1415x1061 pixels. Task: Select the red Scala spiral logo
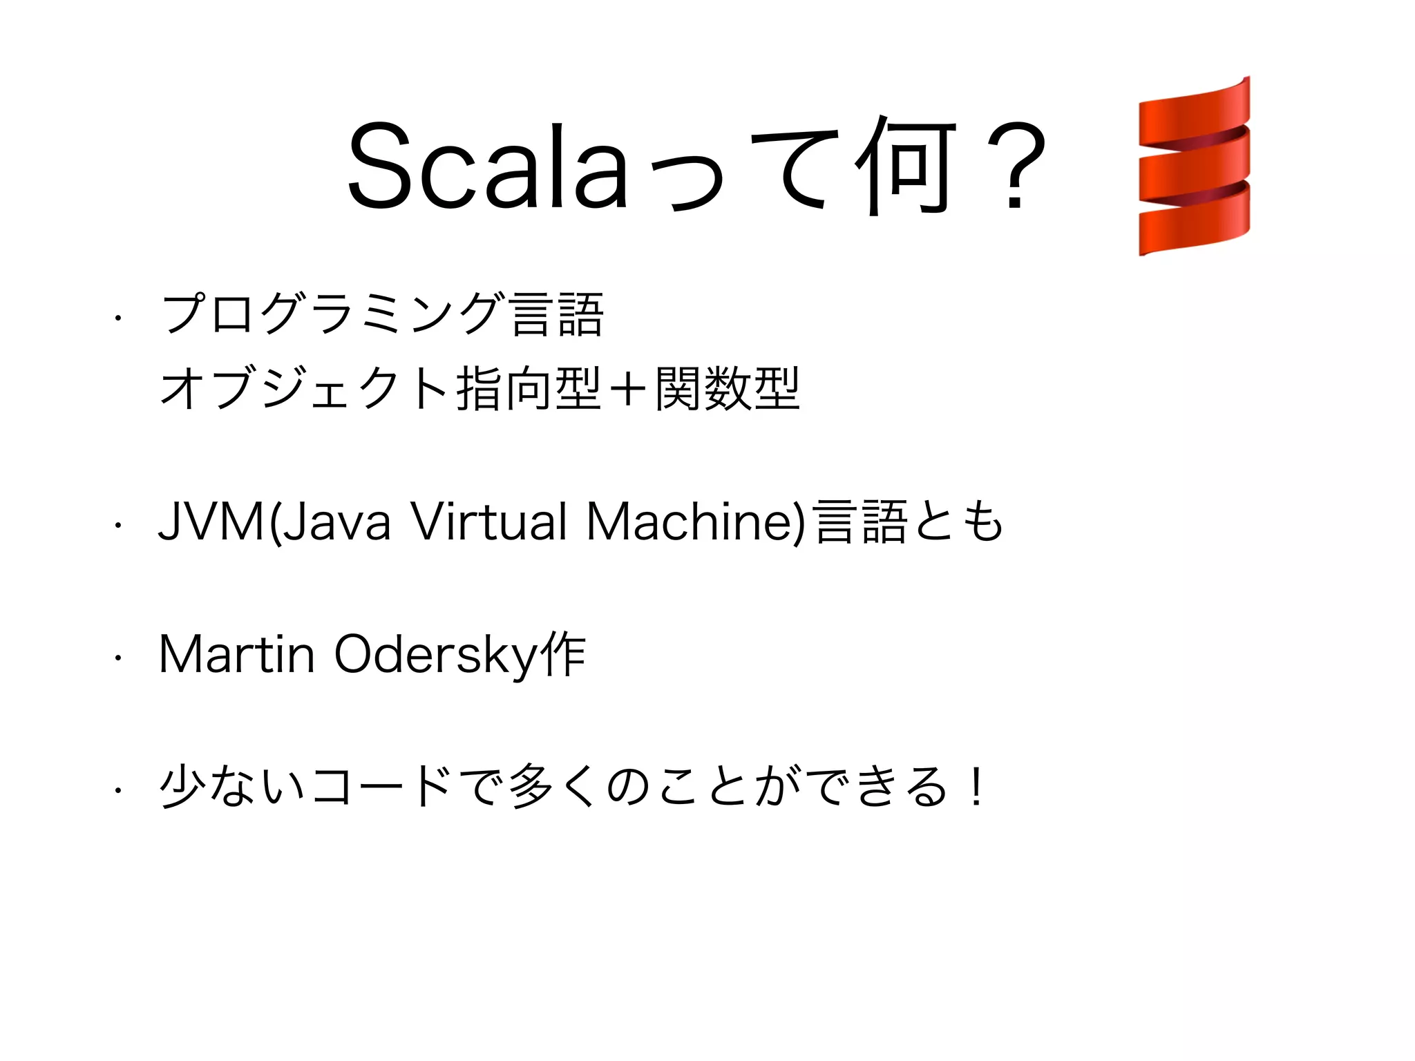tap(1194, 166)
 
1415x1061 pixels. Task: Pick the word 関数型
tap(728, 389)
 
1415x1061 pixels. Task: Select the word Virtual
tap(489, 521)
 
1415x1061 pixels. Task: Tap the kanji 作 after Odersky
tap(564, 655)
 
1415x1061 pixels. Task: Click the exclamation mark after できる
tap(976, 786)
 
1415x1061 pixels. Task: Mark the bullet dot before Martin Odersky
tap(118, 658)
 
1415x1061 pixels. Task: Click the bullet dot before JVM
tap(118, 526)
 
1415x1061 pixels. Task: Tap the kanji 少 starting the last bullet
tap(182, 786)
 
